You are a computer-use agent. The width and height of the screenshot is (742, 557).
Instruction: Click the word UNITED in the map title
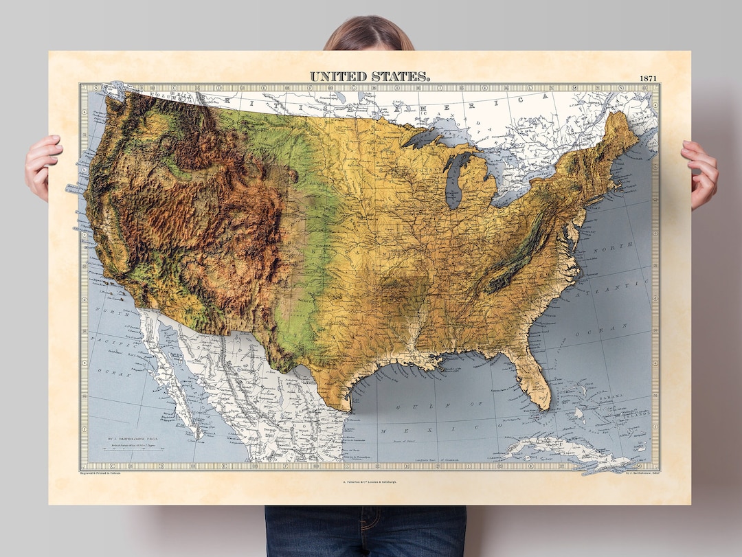click(x=339, y=76)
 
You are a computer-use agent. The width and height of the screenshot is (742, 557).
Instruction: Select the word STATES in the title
click(x=401, y=76)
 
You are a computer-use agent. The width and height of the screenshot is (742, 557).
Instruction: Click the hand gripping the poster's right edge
click(x=700, y=174)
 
